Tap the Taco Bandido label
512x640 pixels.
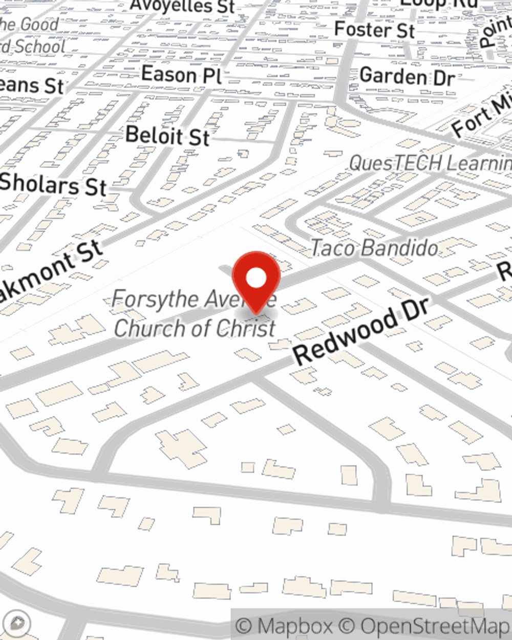click(x=374, y=248)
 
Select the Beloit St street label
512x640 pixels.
click(x=167, y=136)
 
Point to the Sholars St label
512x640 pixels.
click(x=53, y=184)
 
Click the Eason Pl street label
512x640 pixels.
click(x=181, y=75)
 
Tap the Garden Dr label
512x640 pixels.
click(x=407, y=77)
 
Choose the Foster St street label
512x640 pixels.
click(x=374, y=29)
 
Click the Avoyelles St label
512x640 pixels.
click(x=182, y=7)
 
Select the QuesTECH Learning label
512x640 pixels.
click(x=430, y=163)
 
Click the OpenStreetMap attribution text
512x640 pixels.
click(x=435, y=626)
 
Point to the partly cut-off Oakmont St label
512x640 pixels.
click(x=51, y=274)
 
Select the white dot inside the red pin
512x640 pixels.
click(x=256, y=278)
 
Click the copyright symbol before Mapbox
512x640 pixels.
click(x=245, y=626)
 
